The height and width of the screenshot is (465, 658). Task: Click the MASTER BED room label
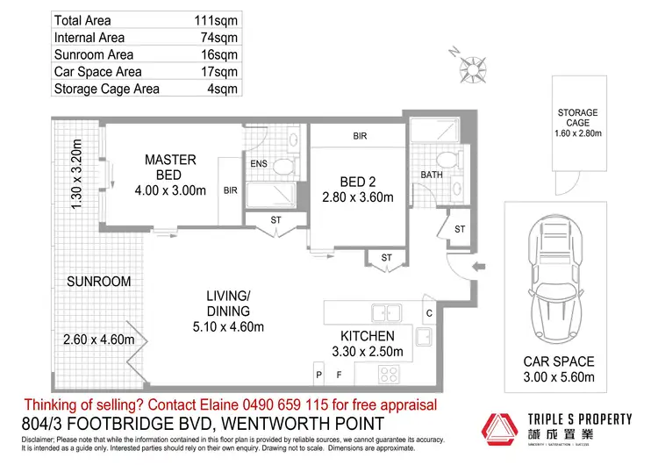coord(170,168)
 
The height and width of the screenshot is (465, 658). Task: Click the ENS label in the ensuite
coord(258,164)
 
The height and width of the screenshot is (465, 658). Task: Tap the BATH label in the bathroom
coord(432,175)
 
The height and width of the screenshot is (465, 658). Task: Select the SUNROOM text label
coord(98,282)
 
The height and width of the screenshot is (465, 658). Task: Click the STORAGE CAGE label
coord(577,118)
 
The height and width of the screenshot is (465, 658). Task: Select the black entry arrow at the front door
coord(476,267)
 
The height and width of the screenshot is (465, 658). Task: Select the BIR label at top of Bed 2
coord(360,137)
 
